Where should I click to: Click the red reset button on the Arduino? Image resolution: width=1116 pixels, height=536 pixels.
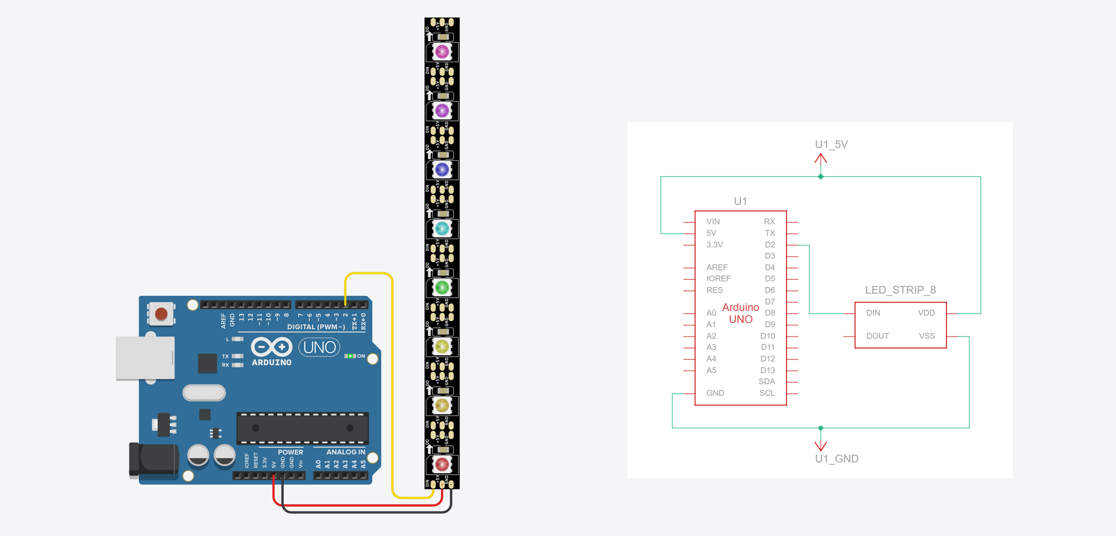pos(161,314)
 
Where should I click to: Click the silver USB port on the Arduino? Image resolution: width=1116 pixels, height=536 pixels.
pos(145,358)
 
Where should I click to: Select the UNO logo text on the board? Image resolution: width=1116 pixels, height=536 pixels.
pos(320,348)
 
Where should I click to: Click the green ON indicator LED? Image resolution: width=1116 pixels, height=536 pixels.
pos(350,356)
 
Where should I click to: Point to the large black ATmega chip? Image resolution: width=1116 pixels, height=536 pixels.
pos(302,428)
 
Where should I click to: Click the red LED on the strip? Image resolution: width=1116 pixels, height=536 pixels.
pos(442,464)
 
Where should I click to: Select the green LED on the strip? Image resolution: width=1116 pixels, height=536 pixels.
pos(442,288)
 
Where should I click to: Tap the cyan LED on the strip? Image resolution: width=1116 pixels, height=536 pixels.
pos(442,229)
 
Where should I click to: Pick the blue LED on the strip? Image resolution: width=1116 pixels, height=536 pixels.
pos(442,169)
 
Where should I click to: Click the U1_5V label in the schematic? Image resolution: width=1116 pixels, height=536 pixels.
pos(831,144)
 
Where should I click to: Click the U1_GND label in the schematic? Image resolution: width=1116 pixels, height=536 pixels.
pos(837,458)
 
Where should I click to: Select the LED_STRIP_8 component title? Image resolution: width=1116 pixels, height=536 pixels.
pos(900,290)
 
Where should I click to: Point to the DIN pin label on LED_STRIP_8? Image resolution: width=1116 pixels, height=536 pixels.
pos(873,313)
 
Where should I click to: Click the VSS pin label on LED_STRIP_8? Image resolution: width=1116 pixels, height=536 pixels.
pos(926,336)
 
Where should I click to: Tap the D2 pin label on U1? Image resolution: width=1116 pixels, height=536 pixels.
pos(770,244)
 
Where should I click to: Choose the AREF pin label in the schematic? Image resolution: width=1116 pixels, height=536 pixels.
pos(717,267)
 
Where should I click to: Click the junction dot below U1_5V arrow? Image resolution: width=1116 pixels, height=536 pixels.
pos(821,177)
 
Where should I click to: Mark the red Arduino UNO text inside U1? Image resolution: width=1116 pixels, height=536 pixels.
pos(740,313)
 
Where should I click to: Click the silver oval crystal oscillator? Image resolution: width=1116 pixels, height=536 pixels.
pos(204,393)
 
